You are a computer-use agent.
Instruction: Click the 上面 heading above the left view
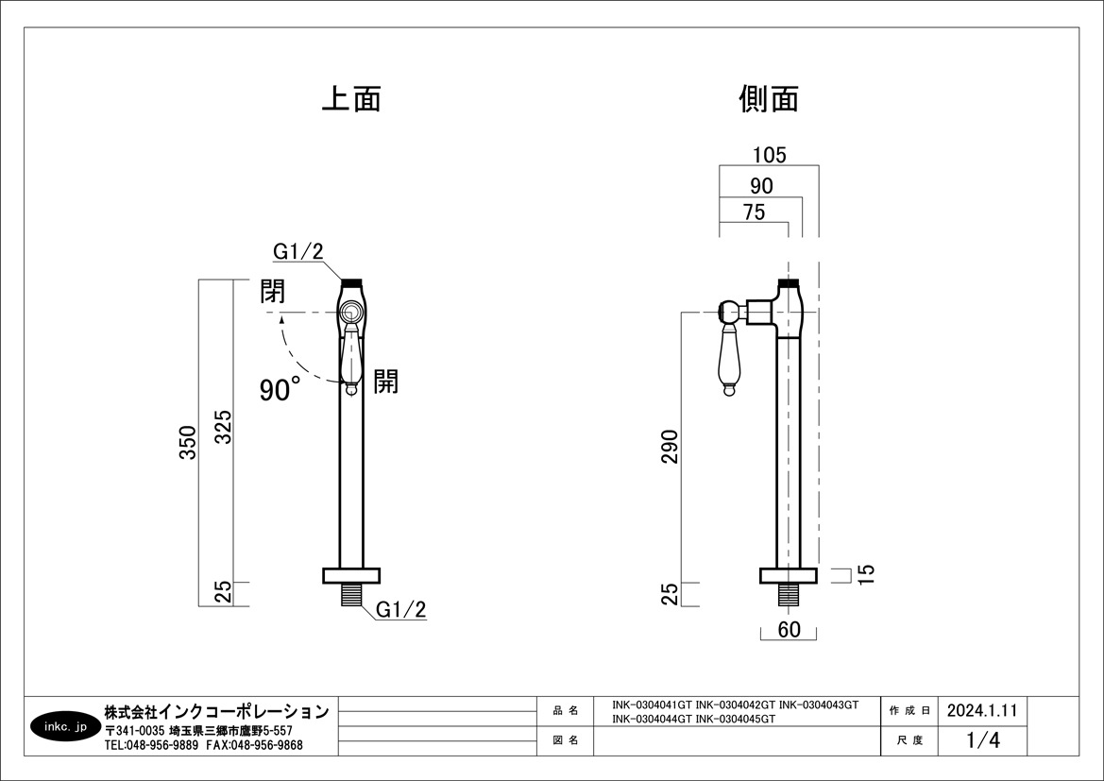tap(351, 99)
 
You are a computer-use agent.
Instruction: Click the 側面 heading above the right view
tap(770, 99)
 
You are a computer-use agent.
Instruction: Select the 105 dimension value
tap(769, 155)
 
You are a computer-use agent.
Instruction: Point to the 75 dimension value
tap(754, 212)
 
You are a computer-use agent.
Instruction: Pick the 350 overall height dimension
tap(188, 442)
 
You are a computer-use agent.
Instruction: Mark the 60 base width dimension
tap(790, 630)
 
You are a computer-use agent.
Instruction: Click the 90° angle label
tap(280, 388)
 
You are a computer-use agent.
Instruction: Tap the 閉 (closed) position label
tap(273, 291)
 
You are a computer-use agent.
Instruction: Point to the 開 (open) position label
tap(385, 381)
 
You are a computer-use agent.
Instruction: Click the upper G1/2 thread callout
tap(298, 251)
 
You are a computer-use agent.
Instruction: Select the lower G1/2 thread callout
tap(401, 610)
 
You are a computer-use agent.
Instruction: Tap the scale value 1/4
tap(983, 740)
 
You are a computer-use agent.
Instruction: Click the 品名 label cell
tap(565, 710)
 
